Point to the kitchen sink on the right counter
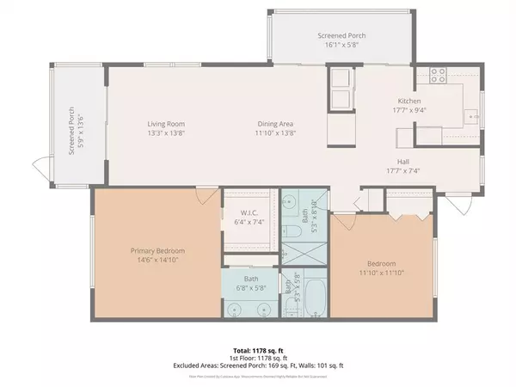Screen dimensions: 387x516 pyautogui.click(x=470, y=115)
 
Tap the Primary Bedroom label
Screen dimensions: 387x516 pyautogui.click(x=157, y=250)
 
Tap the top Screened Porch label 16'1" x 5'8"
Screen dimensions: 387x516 pyautogui.click(x=318, y=42)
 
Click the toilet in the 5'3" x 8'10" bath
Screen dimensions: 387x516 pyautogui.click(x=292, y=231)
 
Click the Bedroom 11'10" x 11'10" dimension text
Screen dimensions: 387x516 pyautogui.click(x=382, y=273)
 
